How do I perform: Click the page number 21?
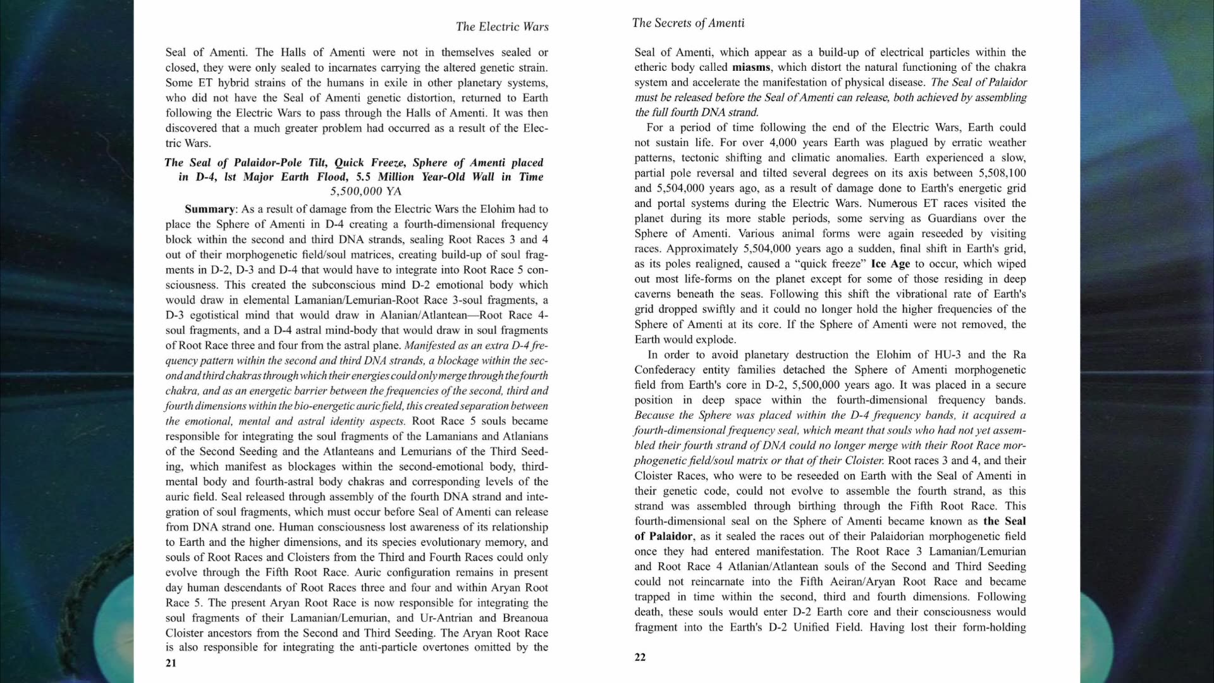click(171, 663)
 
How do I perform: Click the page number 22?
click(640, 657)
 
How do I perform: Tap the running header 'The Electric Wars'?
click(502, 27)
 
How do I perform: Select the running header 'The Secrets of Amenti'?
click(688, 23)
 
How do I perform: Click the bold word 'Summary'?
click(209, 209)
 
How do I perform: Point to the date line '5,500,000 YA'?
click(365, 191)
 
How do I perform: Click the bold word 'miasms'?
click(751, 67)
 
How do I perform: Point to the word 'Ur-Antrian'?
click(446, 618)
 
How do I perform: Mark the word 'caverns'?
click(653, 294)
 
